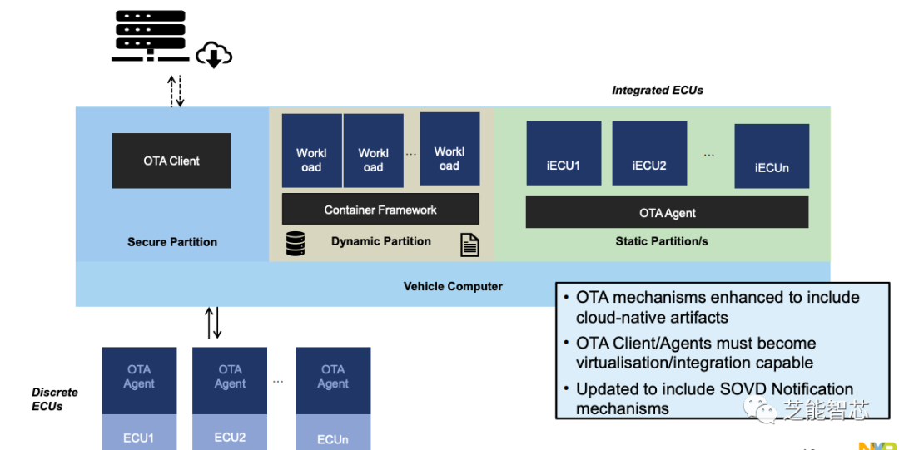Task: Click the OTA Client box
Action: coord(171,161)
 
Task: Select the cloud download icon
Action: coord(213,56)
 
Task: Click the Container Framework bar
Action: coord(380,210)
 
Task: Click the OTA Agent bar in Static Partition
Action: coord(667,212)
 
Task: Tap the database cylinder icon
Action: coord(295,244)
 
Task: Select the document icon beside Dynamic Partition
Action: coord(469,245)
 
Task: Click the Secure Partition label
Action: coord(172,242)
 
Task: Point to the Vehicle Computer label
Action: coord(453,286)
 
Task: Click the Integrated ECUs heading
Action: coord(658,90)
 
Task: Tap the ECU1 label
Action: coord(139,438)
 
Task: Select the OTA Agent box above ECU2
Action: coord(230,376)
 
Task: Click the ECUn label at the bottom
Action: coord(332,438)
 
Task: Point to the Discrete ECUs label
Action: coord(55,398)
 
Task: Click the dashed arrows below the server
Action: coord(176,91)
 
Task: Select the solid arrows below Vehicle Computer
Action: coord(213,323)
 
